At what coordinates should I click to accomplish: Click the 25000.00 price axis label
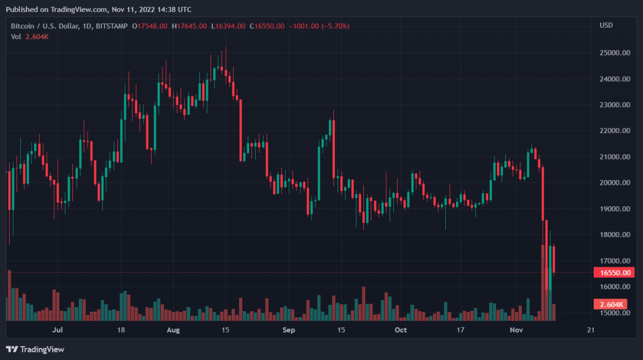(615, 53)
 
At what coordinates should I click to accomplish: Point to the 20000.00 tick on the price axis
(615, 183)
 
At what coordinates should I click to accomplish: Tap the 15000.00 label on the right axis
(615, 313)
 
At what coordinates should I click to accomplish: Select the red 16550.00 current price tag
(615, 273)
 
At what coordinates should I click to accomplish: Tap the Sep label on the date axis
(289, 330)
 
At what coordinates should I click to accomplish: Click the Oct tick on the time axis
(400, 330)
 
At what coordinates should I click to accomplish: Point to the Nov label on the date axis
(516, 330)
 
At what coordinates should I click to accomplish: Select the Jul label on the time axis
(59, 330)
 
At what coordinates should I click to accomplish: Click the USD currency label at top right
(607, 26)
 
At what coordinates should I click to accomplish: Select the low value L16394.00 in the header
(228, 26)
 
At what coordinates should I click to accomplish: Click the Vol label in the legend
(16, 36)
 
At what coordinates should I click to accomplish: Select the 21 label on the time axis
(591, 330)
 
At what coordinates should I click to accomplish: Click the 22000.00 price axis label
(615, 131)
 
